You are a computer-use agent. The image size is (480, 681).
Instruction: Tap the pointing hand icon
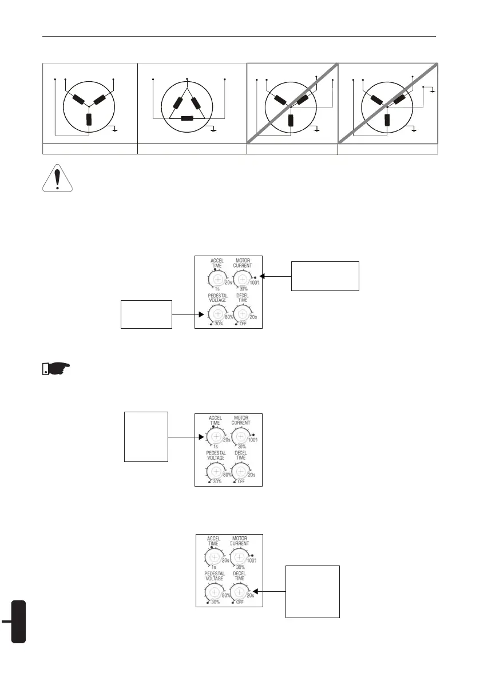click(x=57, y=367)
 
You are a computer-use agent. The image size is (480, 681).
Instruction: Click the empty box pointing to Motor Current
click(x=325, y=276)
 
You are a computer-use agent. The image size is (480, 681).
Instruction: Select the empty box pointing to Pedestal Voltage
click(x=146, y=313)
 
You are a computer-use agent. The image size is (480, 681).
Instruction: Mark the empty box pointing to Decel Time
click(x=312, y=591)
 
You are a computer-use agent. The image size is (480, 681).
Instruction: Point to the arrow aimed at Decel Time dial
click(x=269, y=592)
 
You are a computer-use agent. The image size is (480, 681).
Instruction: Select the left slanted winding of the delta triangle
click(x=178, y=103)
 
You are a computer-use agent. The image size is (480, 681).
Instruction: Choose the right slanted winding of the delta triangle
click(x=197, y=103)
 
